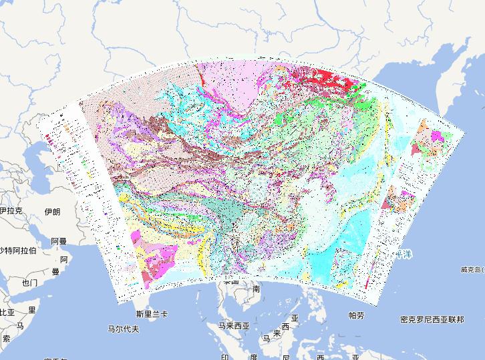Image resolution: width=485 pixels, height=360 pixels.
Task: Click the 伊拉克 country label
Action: point(12,211)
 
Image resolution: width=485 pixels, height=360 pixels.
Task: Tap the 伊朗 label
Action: point(51,212)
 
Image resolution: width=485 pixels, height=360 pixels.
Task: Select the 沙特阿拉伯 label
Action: point(18,250)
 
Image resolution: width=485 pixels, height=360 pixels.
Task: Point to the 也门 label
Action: point(29,283)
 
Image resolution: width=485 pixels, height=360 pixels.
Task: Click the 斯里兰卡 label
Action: point(152,314)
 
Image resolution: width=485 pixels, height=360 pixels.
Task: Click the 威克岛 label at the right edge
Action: point(472,270)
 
